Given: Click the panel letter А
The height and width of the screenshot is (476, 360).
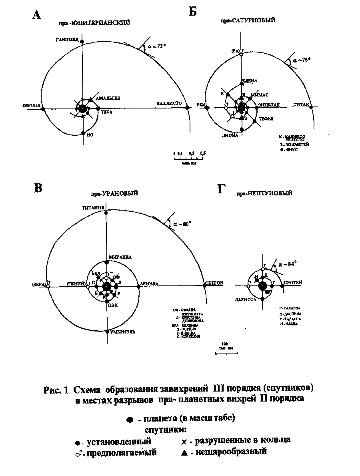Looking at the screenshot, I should pyautogui.click(x=37, y=15).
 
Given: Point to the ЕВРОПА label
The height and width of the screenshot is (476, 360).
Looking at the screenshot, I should pyautogui.click(x=31, y=105).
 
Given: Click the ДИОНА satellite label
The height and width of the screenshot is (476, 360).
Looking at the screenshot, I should pyautogui.click(x=230, y=135).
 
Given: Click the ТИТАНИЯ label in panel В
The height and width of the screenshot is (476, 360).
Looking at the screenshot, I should pyautogui.click(x=93, y=207).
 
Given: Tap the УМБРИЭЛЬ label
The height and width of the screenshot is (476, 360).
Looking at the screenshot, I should pyautogui.click(x=123, y=332).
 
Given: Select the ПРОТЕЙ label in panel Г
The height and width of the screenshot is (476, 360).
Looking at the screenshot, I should pyautogui.click(x=293, y=282).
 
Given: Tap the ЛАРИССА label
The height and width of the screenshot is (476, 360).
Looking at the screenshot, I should pyautogui.click(x=245, y=299).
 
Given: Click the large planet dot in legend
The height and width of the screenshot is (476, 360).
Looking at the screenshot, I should pyautogui.click(x=129, y=420).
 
